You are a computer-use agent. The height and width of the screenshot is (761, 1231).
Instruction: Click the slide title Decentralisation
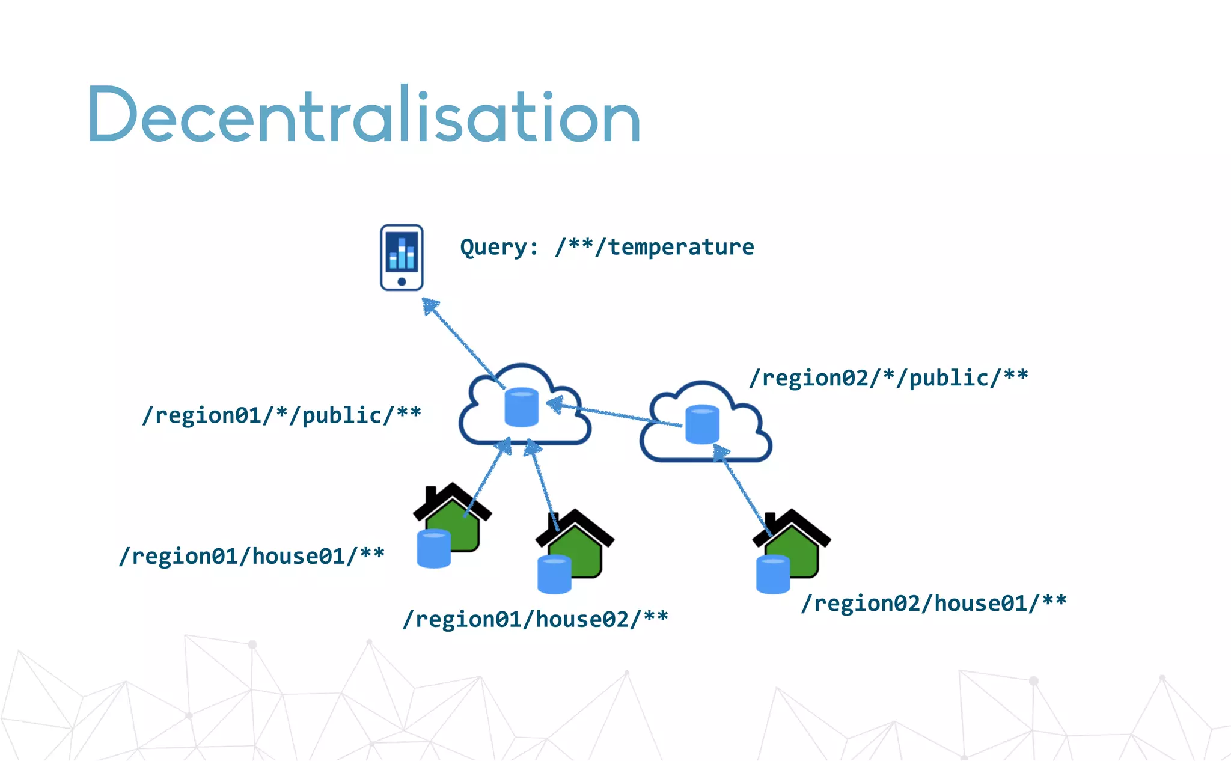(x=364, y=114)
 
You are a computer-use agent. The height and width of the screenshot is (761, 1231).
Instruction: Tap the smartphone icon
(x=402, y=257)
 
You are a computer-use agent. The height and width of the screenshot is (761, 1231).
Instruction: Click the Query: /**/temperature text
(x=606, y=247)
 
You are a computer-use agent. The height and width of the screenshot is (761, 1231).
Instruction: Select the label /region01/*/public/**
(x=281, y=415)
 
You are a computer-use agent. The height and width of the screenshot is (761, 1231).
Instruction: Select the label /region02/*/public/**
(x=888, y=377)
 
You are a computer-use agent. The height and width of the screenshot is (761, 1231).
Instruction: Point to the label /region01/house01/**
(x=252, y=555)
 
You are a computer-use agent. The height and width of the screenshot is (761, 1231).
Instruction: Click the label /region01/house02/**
(x=535, y=619)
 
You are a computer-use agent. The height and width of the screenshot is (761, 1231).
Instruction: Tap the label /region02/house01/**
(x=933, y=602)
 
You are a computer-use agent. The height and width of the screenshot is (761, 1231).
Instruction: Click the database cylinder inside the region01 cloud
(x=521, y=407)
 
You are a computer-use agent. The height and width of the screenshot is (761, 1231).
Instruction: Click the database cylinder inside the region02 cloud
(x=702, y=424)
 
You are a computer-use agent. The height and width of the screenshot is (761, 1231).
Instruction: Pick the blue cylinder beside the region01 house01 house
(x=433, y=548)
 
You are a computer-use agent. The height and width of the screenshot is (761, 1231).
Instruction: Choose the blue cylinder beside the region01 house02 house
(x=554, y=575)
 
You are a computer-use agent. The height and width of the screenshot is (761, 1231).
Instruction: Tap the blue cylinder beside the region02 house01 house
(x=772, y=575)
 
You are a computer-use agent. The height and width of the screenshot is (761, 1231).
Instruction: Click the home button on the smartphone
(x=402, y=281)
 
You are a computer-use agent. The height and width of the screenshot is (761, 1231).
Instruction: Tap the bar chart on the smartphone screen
(x=402, y=253)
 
